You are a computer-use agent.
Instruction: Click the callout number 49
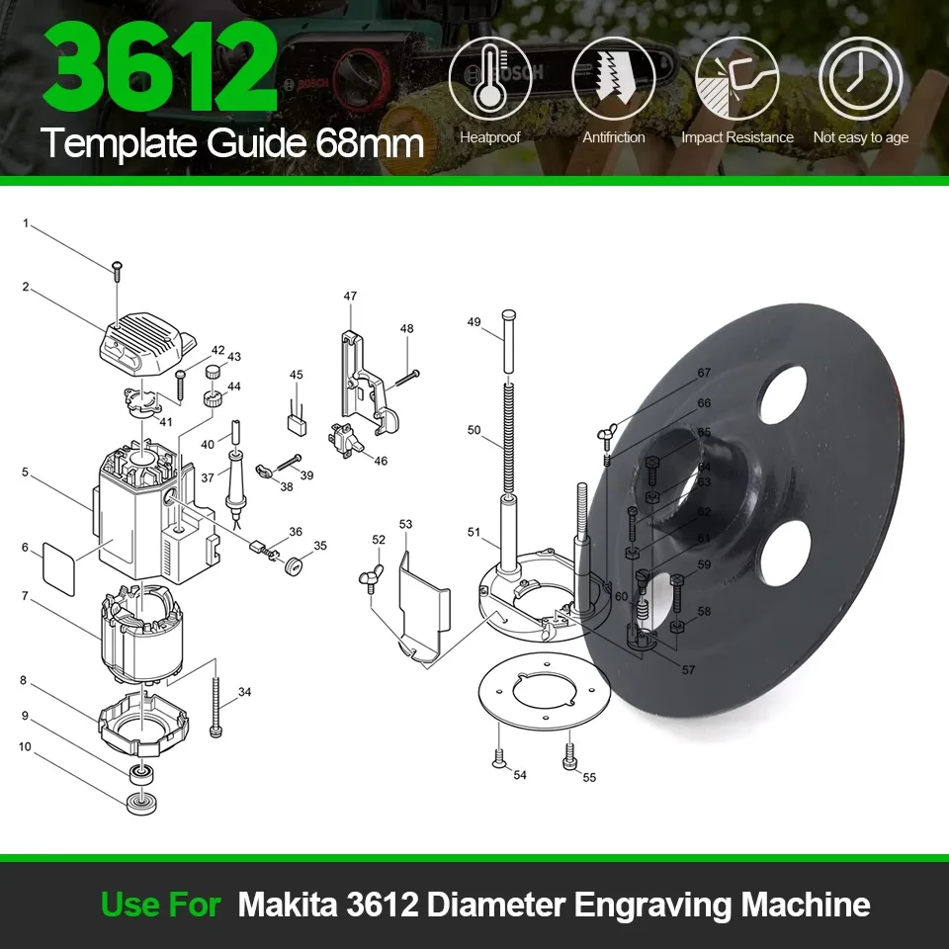click(x=474, y=322)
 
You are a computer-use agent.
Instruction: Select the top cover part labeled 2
click(x=144, y=345)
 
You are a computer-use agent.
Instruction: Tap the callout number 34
click(x=244, y=692)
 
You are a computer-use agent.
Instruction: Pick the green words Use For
click(x=160, y=905)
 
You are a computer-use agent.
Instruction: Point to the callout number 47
click(x=350, y=296)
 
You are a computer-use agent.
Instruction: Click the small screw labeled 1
click(x=117, y=268)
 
